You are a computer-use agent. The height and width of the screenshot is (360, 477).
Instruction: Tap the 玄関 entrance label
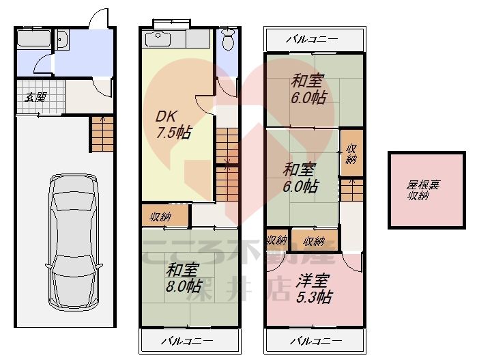pyautogui.click(x=35, y=96)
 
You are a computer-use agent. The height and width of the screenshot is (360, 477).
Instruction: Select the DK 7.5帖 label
pyautogui.click(x=171, y=124)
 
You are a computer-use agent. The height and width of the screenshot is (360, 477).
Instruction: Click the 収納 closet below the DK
pyautogui.click(x=161, y=217)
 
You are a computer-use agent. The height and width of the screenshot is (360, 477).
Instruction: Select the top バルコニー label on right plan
pyautogui.click(x=312, y=38)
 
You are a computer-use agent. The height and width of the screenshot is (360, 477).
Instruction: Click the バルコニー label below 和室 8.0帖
pyautogui.click(x=187, y=340)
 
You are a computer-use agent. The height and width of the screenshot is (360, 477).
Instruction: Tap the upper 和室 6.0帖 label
pyautogui.click(x=308, y=89)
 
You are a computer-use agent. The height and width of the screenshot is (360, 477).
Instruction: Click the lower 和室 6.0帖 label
pyautogui.click(x=300, y=176)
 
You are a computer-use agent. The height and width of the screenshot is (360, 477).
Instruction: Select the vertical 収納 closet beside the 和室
pyautogui.click(x=351, y=154)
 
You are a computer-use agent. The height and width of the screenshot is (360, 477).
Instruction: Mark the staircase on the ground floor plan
pyautogui.click(x=100, y=133)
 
